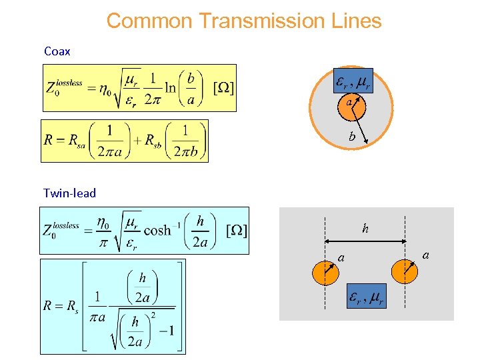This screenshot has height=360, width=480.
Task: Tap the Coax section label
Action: tap(57, 51)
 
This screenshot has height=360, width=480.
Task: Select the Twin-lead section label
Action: tap(69, 193)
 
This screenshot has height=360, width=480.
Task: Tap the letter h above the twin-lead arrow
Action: tap(365, 229)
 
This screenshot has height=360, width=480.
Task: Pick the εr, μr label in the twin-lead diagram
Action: tap(366, 299)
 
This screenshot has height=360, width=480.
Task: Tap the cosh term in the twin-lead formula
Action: tap(157, 230)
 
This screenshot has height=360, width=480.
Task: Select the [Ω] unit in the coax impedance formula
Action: tap(223, 88)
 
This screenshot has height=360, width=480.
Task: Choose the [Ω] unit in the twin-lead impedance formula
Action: tap(237, 230)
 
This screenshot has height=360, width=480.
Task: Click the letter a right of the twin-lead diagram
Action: tap(426, 254)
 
